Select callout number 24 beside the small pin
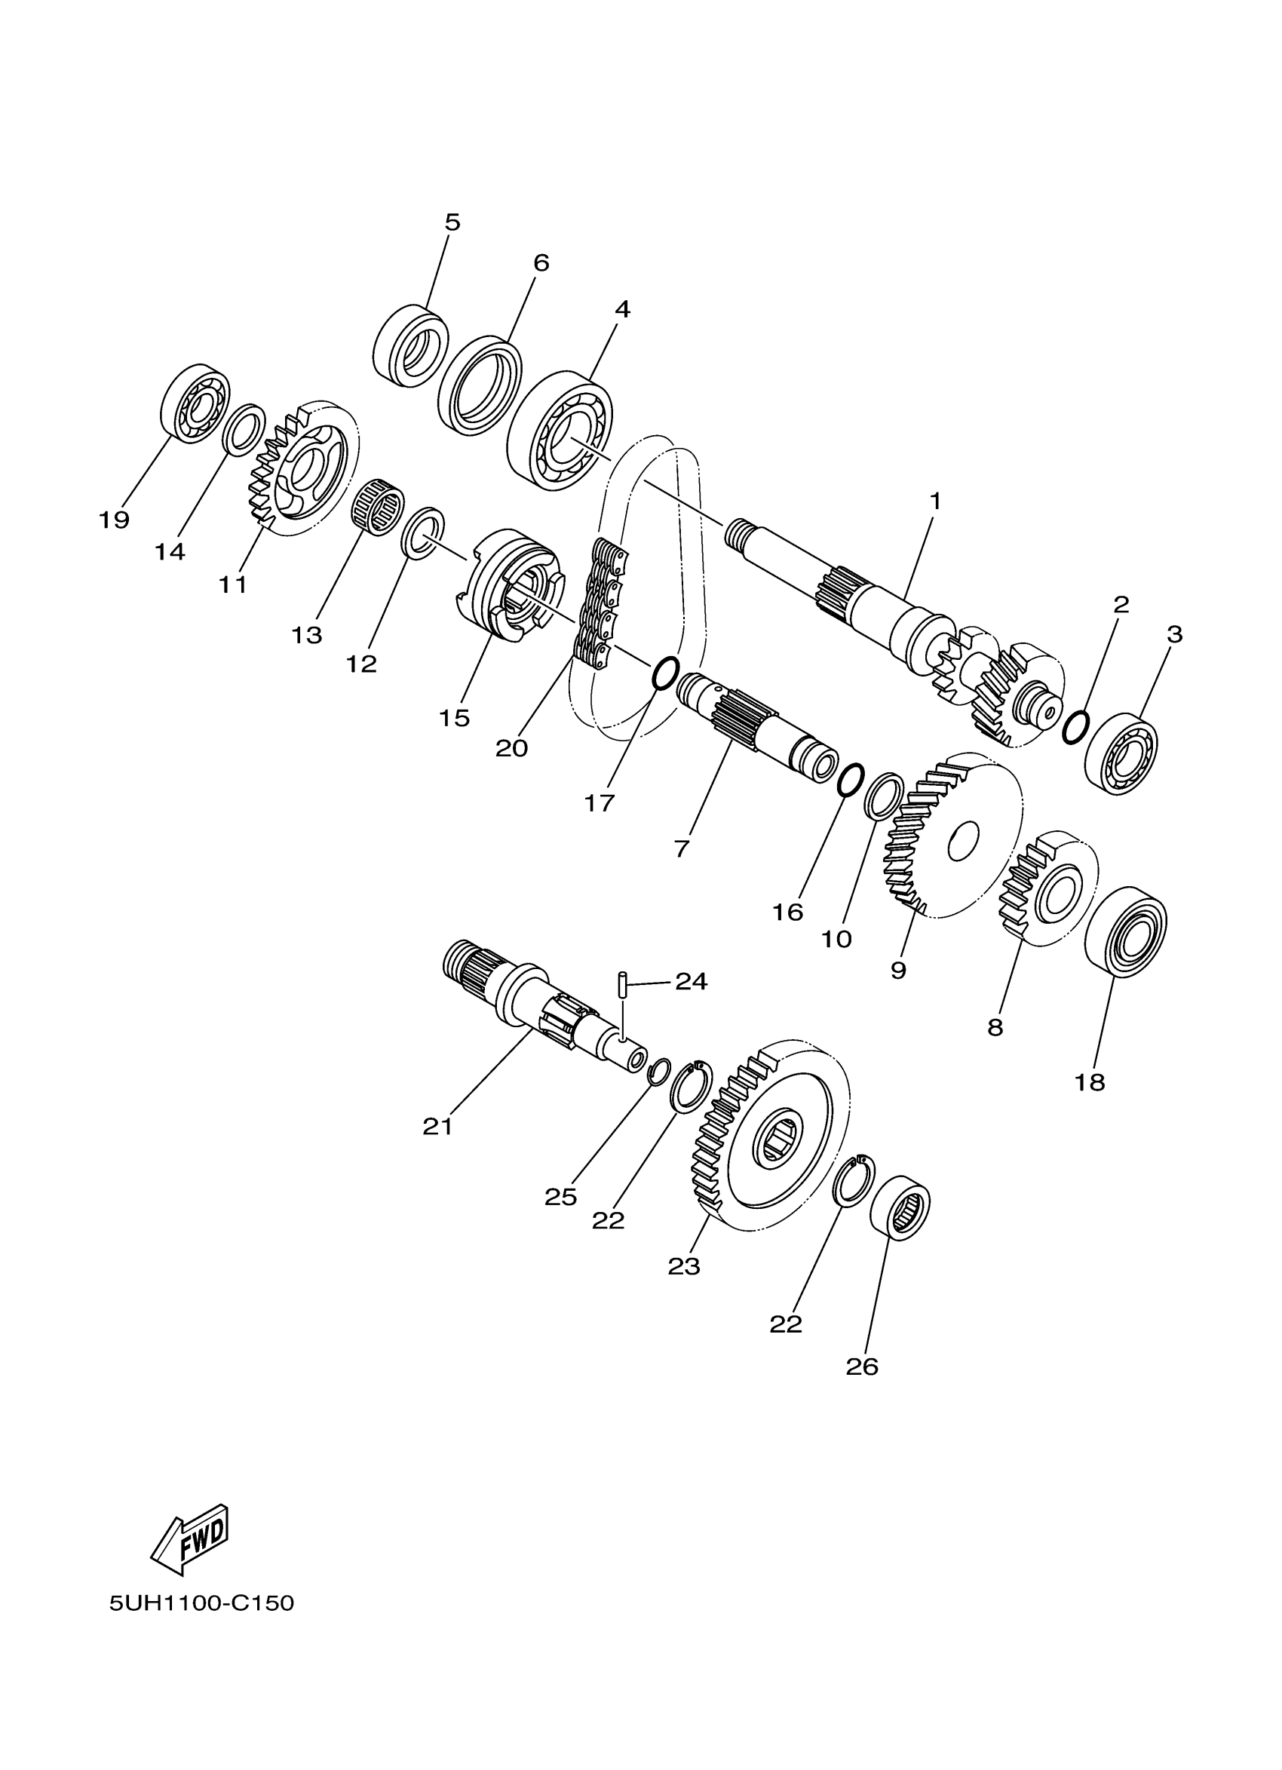[691, 982]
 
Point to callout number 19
[113, 520]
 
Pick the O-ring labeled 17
[665, 673]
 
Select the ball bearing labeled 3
[1121, 753]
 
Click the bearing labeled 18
[1125, 931]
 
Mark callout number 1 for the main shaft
[935, 501]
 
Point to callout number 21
[437, 1127]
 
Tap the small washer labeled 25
[660, 1070]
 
